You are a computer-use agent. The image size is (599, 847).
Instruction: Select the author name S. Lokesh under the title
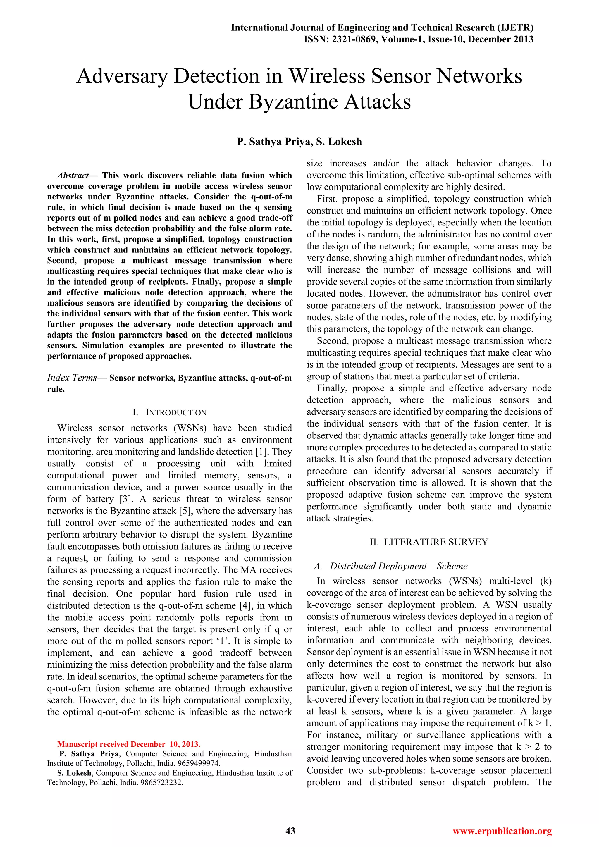(339, 142)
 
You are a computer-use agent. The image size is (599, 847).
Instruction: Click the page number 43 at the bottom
(291, 831)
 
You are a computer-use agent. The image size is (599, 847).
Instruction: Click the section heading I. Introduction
(169, 412)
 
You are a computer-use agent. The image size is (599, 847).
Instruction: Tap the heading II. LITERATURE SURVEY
(429, 542)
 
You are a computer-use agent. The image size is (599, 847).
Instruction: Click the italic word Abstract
(73, 175)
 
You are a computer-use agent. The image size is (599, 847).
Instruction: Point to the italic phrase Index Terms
(72, 378)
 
